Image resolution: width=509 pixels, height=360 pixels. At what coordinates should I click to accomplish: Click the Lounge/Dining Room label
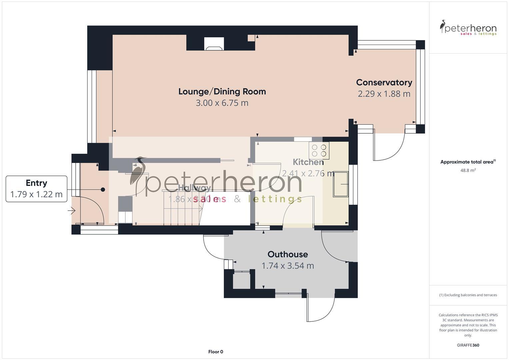point(222,91)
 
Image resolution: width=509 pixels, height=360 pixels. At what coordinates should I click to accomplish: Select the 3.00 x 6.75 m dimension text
point(222,103)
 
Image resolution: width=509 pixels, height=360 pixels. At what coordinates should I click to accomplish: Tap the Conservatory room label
point(384,82)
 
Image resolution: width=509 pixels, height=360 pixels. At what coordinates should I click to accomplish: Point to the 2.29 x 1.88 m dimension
point(384,94)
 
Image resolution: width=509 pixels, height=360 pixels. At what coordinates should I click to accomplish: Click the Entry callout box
point(36,189)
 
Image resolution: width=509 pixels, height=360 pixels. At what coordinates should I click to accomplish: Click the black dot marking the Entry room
point(103,190)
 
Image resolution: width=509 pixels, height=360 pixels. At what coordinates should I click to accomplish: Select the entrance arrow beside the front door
point(71,211)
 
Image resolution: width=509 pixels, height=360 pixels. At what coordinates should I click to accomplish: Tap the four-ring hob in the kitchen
point(319,150)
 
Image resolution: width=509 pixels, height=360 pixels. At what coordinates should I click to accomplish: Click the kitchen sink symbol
point(340,184)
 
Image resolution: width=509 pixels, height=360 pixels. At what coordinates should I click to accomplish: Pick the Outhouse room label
point(288,254)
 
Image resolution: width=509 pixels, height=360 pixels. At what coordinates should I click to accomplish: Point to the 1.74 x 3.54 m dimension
point(288,266)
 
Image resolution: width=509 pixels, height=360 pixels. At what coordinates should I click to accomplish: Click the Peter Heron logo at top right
point(468,28)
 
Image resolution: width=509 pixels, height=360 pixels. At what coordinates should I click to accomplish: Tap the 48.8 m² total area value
point(468,170)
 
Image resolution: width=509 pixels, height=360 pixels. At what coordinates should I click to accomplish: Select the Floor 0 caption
point(216,352)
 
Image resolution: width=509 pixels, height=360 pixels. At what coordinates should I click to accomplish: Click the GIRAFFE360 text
point(468,345)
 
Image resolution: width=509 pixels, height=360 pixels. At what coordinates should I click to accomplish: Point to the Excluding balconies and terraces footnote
point(468,295)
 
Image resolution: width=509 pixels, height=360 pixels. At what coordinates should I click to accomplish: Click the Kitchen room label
point(308,162)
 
